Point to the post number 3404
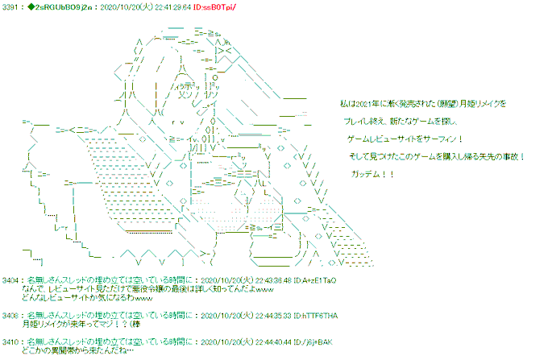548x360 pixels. (x=12, y=279)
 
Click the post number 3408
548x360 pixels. (x=12, y=315)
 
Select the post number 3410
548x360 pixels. (x=12, y=341)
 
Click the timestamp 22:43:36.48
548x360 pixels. (x=248, y=279)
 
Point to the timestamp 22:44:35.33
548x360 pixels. (x=248, y=315)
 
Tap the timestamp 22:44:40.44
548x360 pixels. (x=248, y=341)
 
